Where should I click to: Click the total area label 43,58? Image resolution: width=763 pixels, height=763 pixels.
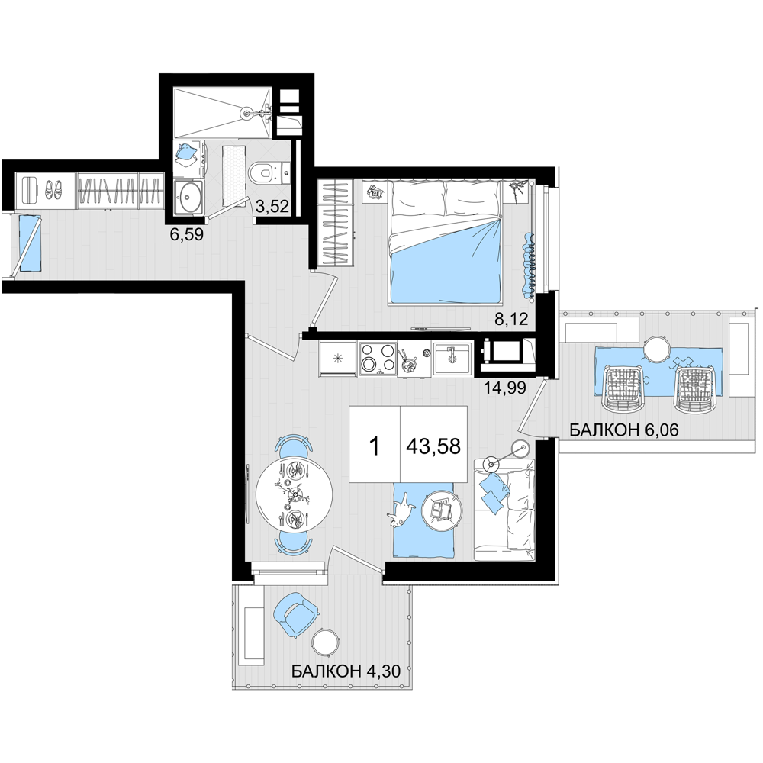click(x=433, y=446)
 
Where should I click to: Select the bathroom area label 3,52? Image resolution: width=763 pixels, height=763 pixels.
click(x=272, y=207)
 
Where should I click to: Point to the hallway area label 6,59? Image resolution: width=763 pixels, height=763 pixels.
click(x=186, y=235)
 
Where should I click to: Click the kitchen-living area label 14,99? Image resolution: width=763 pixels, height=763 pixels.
click(x=505, y=388)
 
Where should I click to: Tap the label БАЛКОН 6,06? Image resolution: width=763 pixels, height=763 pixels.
click(x=624, y=430)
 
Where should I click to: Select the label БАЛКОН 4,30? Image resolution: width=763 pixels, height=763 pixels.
click(x=346, y=671)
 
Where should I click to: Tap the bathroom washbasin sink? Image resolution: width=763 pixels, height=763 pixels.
click(x=188, y=197)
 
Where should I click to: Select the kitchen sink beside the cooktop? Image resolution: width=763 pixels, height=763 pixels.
click(x=452, y=359)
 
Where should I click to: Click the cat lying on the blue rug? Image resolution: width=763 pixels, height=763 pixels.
click(x=400, y=513)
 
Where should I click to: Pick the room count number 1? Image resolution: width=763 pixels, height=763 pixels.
click(x=374, y=446)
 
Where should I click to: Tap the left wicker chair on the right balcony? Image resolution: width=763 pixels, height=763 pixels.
click(x=623, y=389)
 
